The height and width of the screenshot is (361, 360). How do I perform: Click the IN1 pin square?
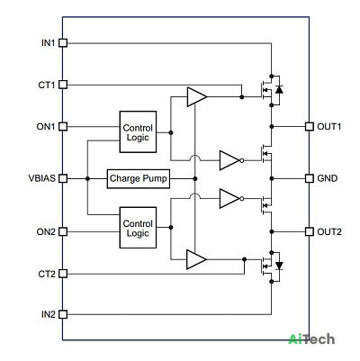63,43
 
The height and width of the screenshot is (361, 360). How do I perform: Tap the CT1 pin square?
63,85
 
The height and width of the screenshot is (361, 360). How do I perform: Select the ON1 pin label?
46,127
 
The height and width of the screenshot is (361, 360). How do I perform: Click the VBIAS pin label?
42,178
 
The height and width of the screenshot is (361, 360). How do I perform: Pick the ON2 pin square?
63,231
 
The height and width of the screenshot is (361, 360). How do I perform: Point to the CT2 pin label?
47,274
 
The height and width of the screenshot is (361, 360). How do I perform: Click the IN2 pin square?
63,314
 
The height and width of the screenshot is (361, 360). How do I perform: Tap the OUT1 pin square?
310,126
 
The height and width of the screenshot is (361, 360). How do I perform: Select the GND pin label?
328,178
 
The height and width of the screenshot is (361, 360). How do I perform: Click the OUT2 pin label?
329,231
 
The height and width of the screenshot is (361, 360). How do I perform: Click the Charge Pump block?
139,179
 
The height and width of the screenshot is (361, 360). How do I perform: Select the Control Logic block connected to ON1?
138,132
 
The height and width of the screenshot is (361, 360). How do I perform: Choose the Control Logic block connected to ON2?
138,228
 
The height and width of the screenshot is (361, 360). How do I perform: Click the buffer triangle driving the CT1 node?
197,97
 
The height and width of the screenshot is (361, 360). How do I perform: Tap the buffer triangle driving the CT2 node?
196,259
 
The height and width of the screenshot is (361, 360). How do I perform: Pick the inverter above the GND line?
231,160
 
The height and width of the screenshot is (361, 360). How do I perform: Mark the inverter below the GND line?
231,198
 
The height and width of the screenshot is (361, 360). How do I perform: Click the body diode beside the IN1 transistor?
279,89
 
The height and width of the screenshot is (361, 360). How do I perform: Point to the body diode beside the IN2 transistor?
279,266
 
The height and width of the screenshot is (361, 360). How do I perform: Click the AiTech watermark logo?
311,339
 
